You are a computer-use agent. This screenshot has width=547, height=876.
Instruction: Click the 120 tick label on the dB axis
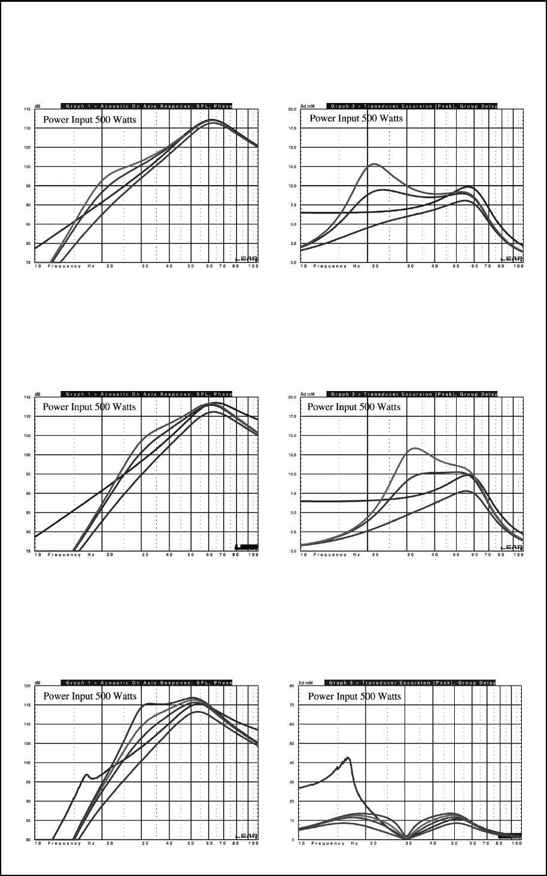tap(27, 686)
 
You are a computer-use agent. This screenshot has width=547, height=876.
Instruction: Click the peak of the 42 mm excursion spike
tap(348, 758)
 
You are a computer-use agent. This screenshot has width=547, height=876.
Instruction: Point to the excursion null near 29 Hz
tap(406, 837)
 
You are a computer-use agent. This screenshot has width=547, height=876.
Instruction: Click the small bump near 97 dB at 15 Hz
tap(87, 775)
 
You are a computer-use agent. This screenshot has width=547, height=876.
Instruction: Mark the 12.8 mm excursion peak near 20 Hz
tap(373, 164)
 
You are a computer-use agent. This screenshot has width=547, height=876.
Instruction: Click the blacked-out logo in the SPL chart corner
tap(247, 546)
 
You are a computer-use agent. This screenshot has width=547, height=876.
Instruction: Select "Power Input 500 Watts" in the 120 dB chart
tap(89, 696)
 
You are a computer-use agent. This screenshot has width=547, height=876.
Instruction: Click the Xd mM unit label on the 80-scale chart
tap(306, 682)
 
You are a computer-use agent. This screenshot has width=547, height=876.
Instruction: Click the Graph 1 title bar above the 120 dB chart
tap(146, 682)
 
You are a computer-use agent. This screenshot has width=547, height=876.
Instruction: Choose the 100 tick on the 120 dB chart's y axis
tap(27, 763)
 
